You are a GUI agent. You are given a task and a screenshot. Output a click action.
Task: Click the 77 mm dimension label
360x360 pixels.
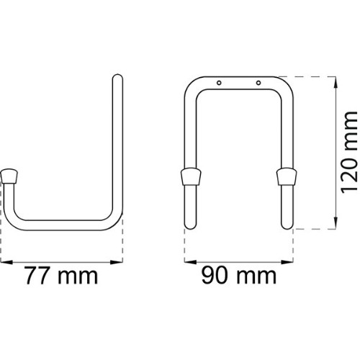61,276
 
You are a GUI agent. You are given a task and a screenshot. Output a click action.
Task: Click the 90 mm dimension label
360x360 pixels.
239,276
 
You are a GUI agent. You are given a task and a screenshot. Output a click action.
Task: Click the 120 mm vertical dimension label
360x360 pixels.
349,152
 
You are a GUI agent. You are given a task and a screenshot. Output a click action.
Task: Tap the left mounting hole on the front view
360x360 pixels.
219,83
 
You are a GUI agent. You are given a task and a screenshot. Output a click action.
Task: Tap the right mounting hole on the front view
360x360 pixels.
258,83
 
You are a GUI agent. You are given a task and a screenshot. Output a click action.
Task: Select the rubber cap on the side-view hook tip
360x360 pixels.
9,176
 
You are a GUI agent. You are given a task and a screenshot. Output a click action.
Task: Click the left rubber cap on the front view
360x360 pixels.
191,176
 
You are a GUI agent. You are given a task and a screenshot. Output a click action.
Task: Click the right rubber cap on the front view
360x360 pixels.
287,176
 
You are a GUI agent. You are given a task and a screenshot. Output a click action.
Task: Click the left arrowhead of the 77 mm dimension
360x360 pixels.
6,262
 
